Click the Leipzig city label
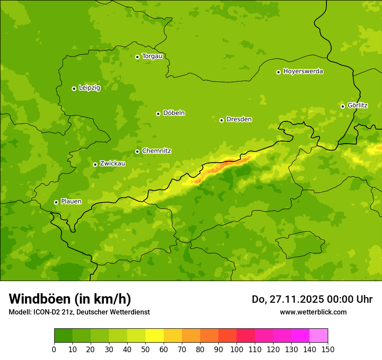[89, 88]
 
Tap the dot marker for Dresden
[221, 120]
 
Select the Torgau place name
[152, 56]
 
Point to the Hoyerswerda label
[303, 72]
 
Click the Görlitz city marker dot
[342, 106]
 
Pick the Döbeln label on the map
[174, 113]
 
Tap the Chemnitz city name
[156, 151]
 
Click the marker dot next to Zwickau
[95, 164]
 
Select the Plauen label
[71, 202]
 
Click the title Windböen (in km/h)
[69, 299]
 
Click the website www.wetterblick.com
[313, 312]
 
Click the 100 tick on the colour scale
[237, 349]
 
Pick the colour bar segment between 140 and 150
[319, 336]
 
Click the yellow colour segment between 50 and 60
[155, 336]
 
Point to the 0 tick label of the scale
[54, 349]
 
